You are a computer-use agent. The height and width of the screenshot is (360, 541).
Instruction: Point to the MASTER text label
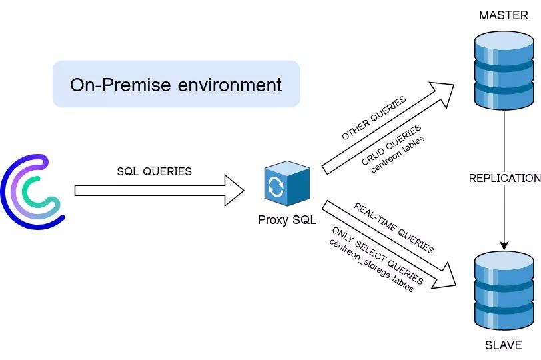504,15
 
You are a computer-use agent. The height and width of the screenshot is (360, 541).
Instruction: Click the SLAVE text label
504,345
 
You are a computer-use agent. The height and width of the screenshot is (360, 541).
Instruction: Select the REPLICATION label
504,178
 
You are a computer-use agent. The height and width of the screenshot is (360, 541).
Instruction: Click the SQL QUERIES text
154,171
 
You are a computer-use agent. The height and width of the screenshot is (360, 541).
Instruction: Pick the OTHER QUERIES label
374,118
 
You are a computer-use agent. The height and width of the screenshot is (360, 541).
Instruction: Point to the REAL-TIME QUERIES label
394,228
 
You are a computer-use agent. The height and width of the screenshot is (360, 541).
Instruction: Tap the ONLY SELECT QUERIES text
376,254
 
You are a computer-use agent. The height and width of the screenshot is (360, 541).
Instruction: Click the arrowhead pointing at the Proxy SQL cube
235,191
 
